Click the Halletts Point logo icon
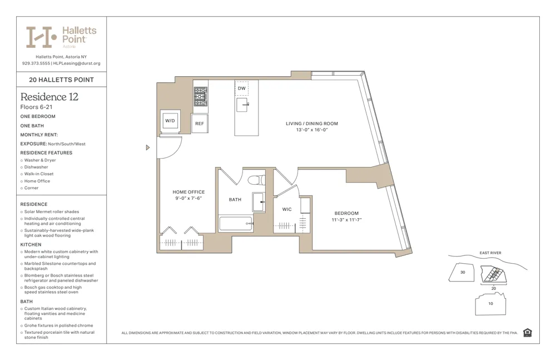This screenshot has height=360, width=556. tap(42, 37)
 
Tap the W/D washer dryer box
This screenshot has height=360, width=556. tap(170, 120)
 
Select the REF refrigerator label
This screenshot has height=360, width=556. tap(199, 124)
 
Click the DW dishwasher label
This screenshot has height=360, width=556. tap(241, 88)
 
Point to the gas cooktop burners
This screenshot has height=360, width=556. tap(200, 97)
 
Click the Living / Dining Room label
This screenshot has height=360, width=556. tap(311, 124)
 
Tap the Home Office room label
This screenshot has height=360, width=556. tap(188, 192)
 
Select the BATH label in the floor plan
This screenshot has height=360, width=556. tap(235, 199)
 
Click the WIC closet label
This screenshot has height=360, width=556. tap(287, 210)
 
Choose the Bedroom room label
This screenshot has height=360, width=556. tap(346, 213)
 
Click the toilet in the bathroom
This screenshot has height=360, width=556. tap(255, 180)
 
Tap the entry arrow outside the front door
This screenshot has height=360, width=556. tap(148, 147)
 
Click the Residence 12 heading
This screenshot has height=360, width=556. tap(49, 97)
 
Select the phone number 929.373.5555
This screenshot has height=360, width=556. tap(36, 63)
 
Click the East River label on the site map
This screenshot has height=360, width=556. tap(490, 253)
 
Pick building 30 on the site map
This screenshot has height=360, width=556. tap(463, 272)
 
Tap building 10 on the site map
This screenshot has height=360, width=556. tap(490, 304)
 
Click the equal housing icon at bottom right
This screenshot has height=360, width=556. tap(527, 333)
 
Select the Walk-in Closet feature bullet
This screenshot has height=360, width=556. tap(39, 174)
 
